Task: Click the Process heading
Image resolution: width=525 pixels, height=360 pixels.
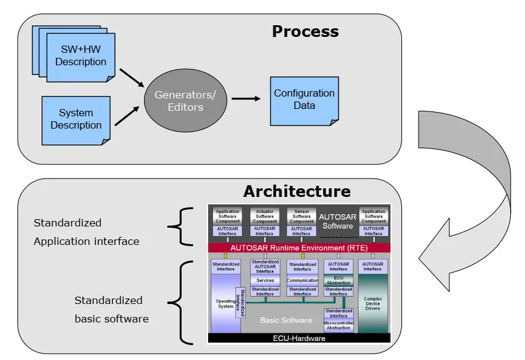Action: [x=305, y=31]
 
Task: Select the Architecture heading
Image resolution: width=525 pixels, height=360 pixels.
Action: [x=297, y=191]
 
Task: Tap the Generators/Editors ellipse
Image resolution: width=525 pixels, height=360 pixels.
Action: [x=185, y=102]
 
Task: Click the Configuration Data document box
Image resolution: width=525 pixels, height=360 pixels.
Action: [x=304, y=100]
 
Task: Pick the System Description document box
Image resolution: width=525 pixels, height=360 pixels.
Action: [x=76, y=119]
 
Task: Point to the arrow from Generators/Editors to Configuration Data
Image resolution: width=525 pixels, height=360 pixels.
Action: [x=245, y=98]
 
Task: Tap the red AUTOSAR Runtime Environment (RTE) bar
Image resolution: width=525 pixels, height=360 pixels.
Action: [x=300, y=247]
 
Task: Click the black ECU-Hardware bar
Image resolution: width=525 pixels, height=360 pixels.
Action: [x=300, y=338]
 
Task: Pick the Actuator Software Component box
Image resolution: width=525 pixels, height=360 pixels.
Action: [x=265, y=217]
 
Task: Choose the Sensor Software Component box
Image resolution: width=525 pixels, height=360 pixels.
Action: [x=302, y=217]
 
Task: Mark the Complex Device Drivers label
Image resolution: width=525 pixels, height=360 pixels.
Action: [x=373, y=303]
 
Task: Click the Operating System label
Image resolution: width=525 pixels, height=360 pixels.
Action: [x=225, y=303]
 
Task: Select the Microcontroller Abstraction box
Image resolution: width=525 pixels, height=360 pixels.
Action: [x=339, y=325]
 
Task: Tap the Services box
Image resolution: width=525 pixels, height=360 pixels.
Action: [x=265, y=281]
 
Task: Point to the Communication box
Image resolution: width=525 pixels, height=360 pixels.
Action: [x=302, y=281]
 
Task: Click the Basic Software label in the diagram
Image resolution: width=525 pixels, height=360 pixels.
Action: [x=286, y=320]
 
